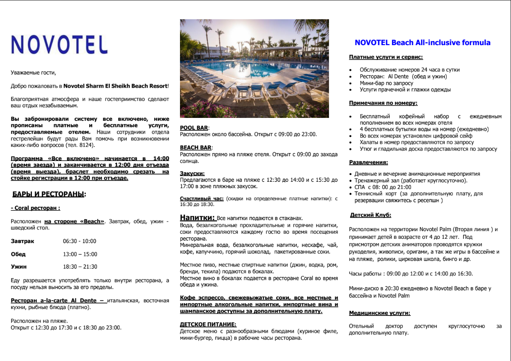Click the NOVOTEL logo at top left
coord(59,44)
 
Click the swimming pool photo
coord(254,69)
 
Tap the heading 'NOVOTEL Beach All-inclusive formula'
coord(422,43)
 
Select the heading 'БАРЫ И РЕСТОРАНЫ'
coord(49,194)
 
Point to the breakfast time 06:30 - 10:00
coord(80,241)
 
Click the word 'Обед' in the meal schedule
coord(18,254)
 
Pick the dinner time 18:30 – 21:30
coord(80,267)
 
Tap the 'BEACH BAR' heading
coord(196,148)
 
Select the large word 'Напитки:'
coord(198,218)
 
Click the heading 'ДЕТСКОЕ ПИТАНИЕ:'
coord(208,324)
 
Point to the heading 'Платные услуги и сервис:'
coord(386,57)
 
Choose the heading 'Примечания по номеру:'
coord(383,103)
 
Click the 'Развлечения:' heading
coord(368,162)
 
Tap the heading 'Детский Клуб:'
coord(371,215)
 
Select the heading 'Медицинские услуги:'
coord(380,313)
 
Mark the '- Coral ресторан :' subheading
coord(35,208)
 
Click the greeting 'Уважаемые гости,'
coord(33,73)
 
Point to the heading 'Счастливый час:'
coord(202,198)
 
